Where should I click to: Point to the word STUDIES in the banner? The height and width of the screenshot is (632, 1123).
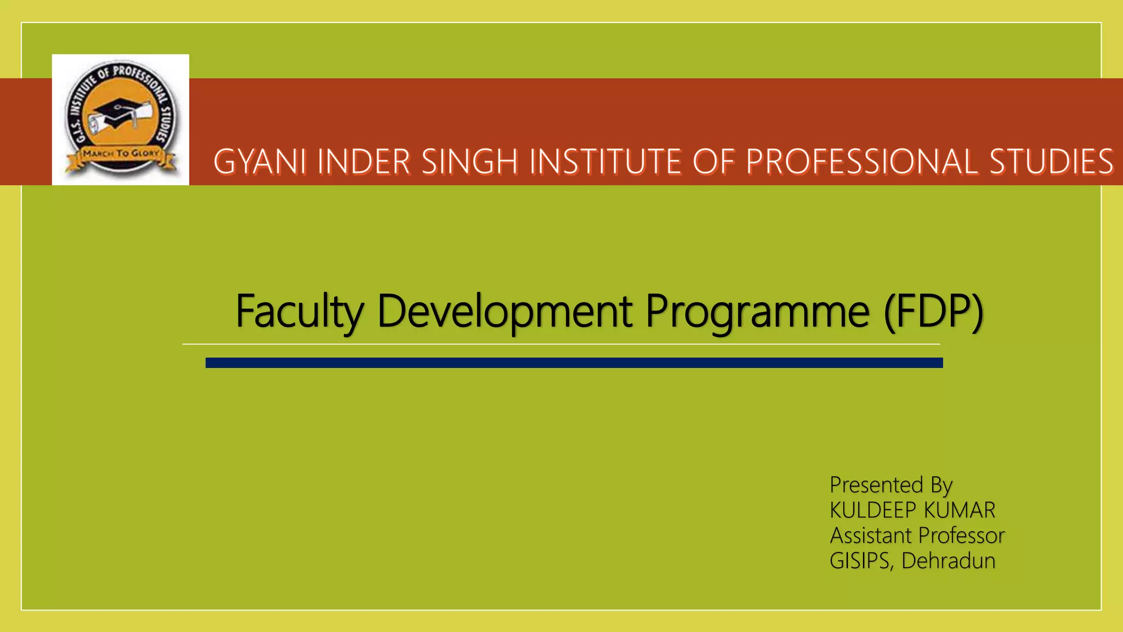pyautogui.click(x=1051, y=162)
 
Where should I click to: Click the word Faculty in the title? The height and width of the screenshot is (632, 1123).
pyautogui.click(x=299, y=311)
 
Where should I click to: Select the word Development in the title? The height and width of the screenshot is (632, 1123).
pyautogui.click(x=504, y=311)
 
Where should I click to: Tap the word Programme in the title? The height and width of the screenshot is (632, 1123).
pyautogui.click(x=757, y=311)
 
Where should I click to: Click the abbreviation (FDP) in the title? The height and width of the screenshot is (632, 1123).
pyautogui.click(x=934, y=311)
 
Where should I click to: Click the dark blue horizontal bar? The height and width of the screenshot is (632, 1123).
pyautogui.click(x=574, y=363)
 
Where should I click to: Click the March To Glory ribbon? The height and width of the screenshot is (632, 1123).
pyautogui.click(x=121, y=155)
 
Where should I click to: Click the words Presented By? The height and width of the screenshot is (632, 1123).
pyautogui.click(x=891, y=485)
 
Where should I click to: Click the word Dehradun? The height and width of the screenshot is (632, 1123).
pyautogui.click(x=948, y=561)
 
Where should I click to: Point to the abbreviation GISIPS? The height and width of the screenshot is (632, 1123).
pyautogui.click(x=860, y=561)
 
